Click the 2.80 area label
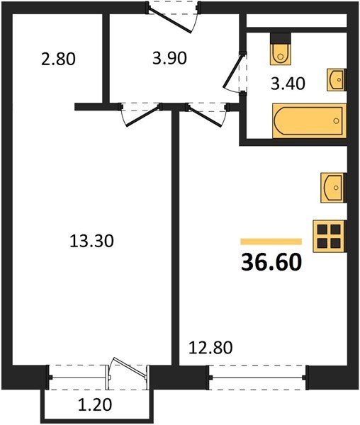(x=58, y=59)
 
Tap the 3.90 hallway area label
(x=169, y=58)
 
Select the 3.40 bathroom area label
(x=288, y=83)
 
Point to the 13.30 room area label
(x=91, y=241)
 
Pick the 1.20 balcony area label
(x=95, y=404)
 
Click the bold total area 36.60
(x=271, y=262)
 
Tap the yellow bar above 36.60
(x=271, y=242)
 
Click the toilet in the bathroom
(x=281, y=50)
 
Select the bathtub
(x=309, y=121)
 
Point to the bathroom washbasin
(x=337, y=79)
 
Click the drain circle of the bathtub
(x=337, y=120)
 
